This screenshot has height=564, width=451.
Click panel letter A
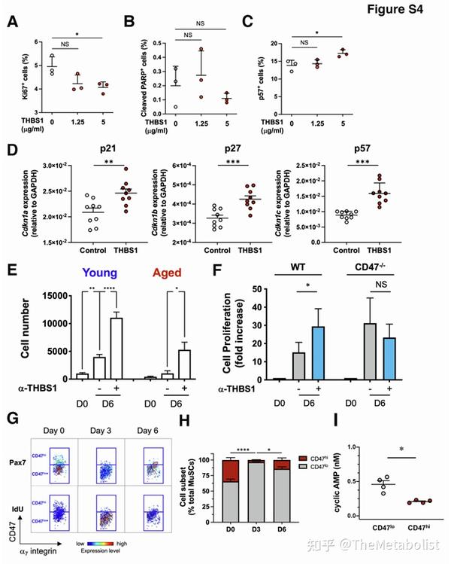click(x=12, y=23)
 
